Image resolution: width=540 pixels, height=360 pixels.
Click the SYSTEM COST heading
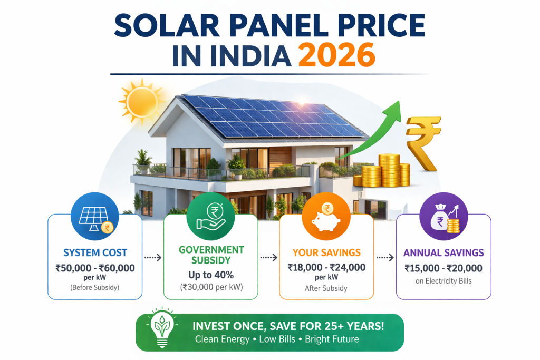tap(95, 253)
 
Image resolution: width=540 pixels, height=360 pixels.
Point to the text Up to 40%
tap(210, 275)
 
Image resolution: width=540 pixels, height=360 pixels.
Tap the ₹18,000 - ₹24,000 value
tap(326, 267)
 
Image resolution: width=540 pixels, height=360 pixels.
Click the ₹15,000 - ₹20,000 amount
tap(443, 268)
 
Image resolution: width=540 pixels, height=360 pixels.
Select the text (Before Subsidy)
tap(95, 288)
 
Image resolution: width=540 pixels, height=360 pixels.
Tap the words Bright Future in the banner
tap(332, 339)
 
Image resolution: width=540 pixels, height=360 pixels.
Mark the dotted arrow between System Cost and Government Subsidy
tap(152, 258)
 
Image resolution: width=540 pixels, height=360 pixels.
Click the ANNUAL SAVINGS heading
tap(443, 253)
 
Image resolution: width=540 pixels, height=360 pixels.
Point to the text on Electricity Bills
tap(443, 281)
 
